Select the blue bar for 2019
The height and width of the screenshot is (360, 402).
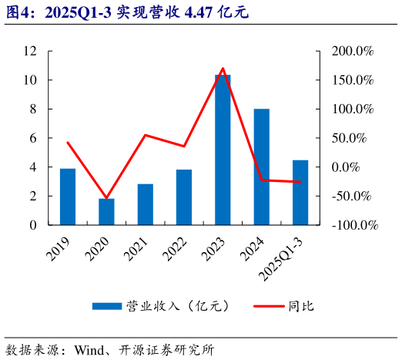(x=68, y=197)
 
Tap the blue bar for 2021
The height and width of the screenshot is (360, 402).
(x=146, y=204)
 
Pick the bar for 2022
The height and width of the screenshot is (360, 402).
(x=184, y=197)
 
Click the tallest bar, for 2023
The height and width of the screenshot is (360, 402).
(x=223, y=150)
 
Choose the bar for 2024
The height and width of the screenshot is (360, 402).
(x=261, y=167)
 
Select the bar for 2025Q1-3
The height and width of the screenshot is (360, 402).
(x=300, y=193)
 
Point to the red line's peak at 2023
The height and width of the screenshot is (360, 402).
(x=223, y=69)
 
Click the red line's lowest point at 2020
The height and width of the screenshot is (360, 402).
(x=106, y=198)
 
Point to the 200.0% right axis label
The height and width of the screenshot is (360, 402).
(x=353, y=51)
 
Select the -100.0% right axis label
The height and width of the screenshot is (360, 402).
(x=355, y=225)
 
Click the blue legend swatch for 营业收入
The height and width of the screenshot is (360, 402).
(x=106, y=305)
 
